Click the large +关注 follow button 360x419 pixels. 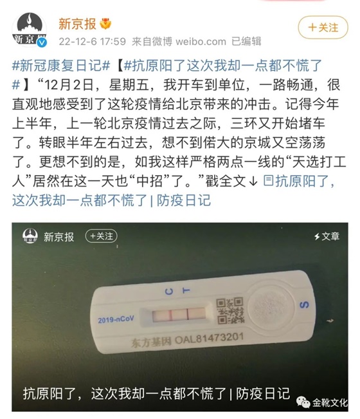click(323, 27)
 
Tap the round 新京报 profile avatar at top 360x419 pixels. click(30, 30)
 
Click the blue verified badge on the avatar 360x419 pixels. click(42, 42)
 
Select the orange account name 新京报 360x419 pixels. click(77, 24)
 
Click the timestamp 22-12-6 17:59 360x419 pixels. click(92, 41)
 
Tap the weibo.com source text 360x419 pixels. click(201, 41)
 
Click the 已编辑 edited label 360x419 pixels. click(246, 41)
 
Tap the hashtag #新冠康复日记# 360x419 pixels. click(61, 66)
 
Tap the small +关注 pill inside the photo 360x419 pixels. click(101, 236)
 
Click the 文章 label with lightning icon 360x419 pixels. click(327, 236)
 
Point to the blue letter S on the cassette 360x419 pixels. click(304, 304)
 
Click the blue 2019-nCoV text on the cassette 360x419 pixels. click(116, 319)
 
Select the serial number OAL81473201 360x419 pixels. click(209, 339)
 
